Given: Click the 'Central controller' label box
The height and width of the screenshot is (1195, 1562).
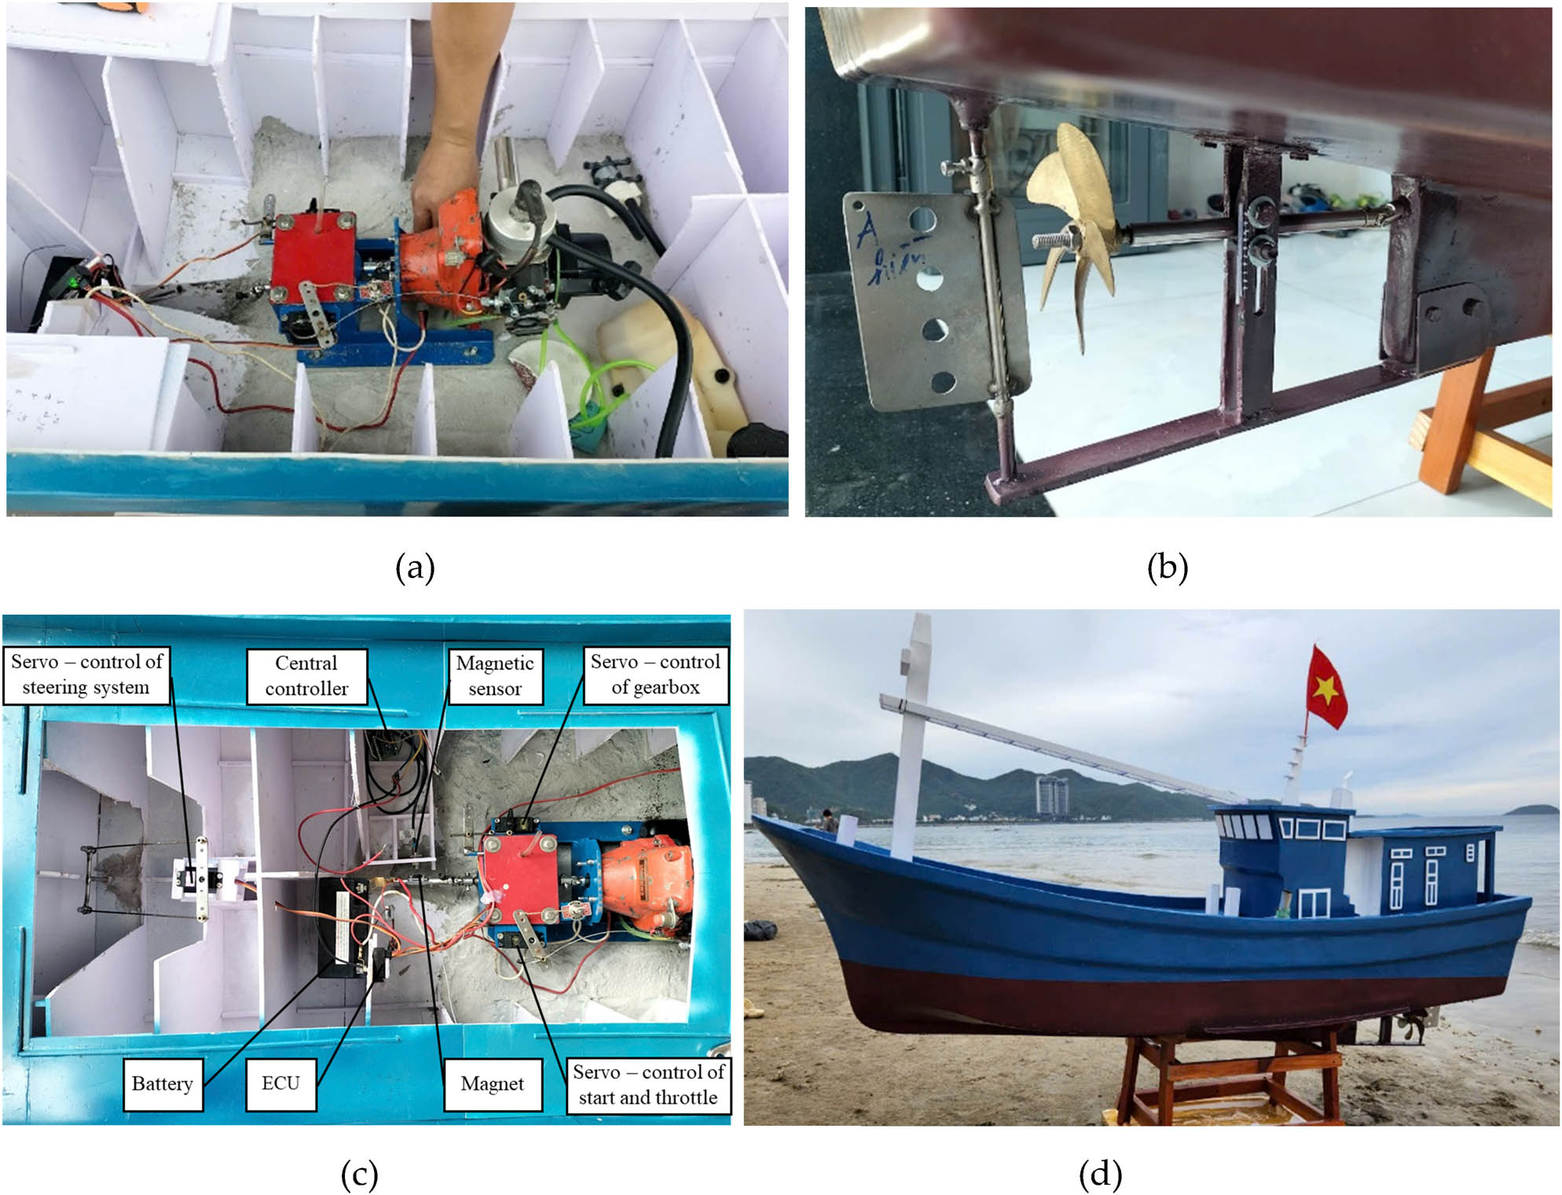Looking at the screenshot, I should pyautogui.click(x=306, y=675).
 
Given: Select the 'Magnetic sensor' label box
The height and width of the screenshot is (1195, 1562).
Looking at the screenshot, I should pyautogui.click(x=495, y=675).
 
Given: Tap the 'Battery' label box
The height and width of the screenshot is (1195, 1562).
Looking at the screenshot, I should pyautogui.click(x=163, y=1083).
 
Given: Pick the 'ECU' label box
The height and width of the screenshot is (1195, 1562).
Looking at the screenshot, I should pyautogui.click(x=280, y=1083).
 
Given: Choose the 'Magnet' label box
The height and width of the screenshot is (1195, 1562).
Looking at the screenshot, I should pyautogui.click(x=492, y=1084).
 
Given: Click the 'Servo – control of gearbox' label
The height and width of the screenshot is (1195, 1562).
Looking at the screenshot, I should pyautogui.click(x=655, y=675).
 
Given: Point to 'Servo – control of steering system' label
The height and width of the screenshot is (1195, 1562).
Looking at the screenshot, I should pyautogui.click(x=86, y=675).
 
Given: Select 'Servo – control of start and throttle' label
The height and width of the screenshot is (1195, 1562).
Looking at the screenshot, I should pyautogui.click(x=648, y=1085).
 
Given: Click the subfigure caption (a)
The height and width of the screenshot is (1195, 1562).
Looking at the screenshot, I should pyautogui.click(x=415, y=567).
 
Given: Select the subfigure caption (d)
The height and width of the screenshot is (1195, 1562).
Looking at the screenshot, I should pyautogui.click(x=1100, y=1174).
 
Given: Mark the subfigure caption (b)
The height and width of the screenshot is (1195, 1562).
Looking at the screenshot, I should pyautogui.click(x=1168, y=567).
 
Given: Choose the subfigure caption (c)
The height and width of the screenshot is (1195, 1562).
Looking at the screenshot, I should pyautogui.click(x=360, y=1174).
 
